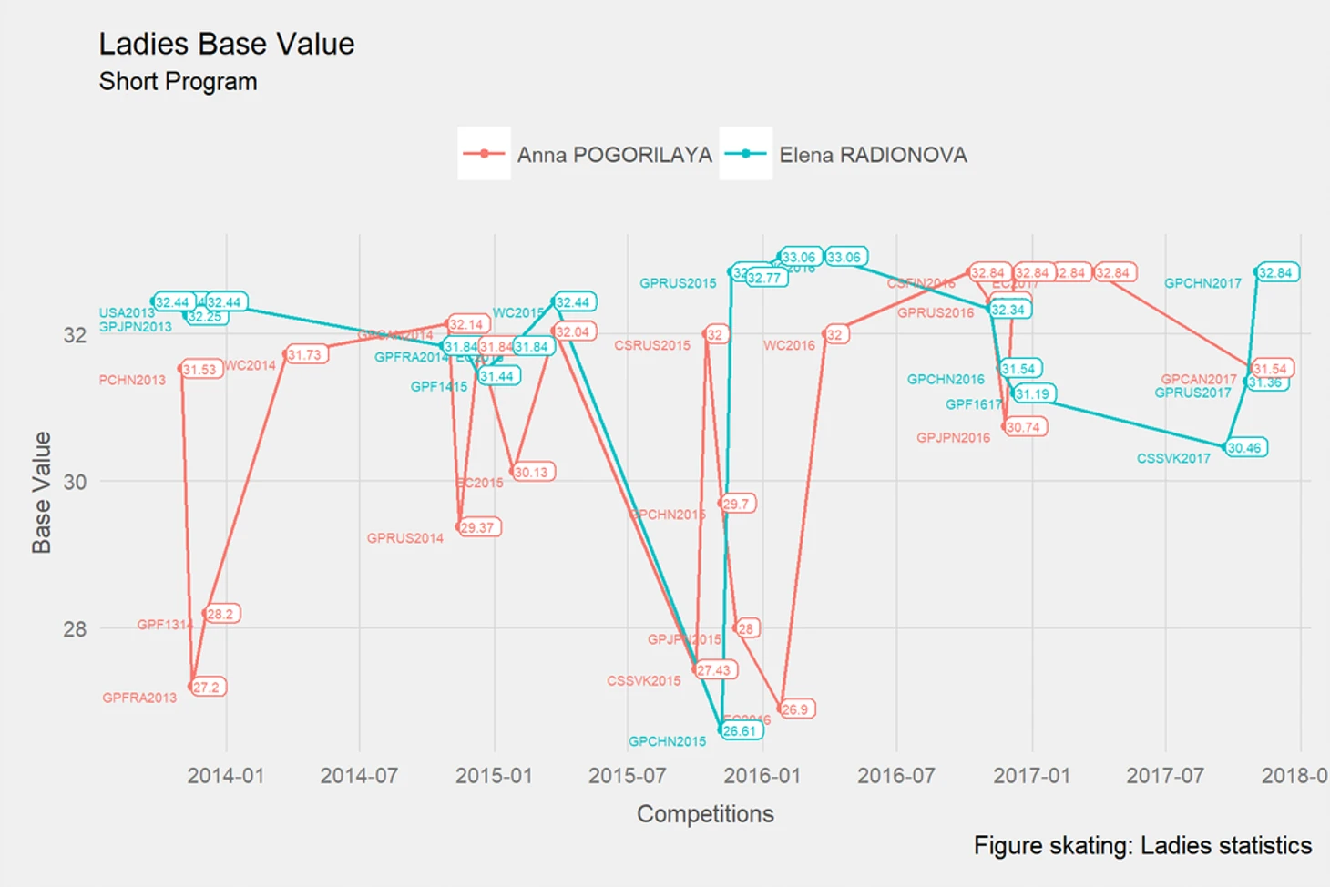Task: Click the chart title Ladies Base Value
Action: [226, 44]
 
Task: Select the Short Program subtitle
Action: [178, 82]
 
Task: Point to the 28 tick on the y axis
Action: [75, 628]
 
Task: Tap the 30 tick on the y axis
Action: [75, 482]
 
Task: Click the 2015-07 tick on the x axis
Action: [627, 776]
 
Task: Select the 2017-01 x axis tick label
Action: [1031, 776]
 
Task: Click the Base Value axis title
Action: [42, 492]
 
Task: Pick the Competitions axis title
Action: [705, 814]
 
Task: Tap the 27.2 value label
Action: [207, 688]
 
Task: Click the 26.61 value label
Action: [740, 731]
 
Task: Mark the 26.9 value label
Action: [795, 709]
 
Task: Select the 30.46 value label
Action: [1244, 448]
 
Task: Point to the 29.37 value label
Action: [477, 528]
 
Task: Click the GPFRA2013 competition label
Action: [139, 698]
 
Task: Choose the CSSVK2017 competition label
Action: [1173, 459]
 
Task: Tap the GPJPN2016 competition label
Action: [953, 438]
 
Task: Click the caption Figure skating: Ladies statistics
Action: [1142, 846]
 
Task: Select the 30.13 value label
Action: [532, 473]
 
